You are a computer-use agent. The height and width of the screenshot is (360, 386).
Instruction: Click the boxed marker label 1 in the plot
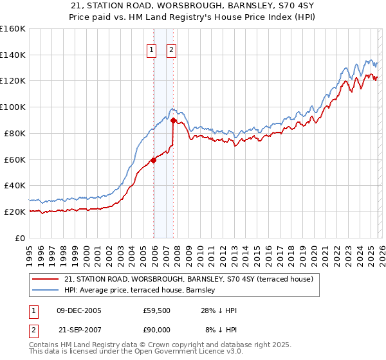click(x=151, y=50)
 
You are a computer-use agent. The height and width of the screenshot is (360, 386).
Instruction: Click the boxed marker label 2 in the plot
click(x=172, y=50)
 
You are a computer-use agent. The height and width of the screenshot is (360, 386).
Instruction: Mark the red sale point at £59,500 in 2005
click(x=153, y=160)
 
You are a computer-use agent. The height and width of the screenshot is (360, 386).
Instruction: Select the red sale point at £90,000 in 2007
click(x=174, y=120)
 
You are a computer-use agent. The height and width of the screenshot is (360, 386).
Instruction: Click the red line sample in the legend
click(x=46, y=279)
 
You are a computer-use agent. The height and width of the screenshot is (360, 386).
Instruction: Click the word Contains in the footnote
click(x=45, y=345)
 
